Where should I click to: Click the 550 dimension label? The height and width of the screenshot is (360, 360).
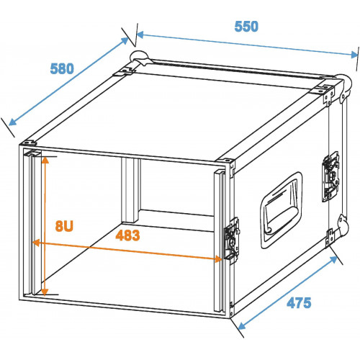pyautogui.click(x=246, y=27)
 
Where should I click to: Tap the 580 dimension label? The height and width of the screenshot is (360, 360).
pyautogui.click(x=62, y=68)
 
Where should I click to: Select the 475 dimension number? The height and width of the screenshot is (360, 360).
pyautogui.click(x=299, y=302)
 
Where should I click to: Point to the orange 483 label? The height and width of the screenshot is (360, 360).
pyautogui.click(x=127, y=235)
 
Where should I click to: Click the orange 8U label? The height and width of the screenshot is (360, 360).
pyautogui.click(x=64, y=226)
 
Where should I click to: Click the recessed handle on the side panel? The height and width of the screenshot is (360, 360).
pyautogui.click(x=281, y=210)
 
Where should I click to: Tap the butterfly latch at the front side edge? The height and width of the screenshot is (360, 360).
pyautogui.click(x=232, y=240)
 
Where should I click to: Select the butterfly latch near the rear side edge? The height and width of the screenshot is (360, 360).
pyautogui.click(x=330, y=176)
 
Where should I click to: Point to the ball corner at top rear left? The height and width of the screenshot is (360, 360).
pyautogui.click(x=139, y=58)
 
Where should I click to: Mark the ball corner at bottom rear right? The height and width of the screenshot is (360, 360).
pyautogui.click(x=343, y=225)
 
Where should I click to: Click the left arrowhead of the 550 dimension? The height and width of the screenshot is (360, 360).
pyautogui.click(x=140, y=35)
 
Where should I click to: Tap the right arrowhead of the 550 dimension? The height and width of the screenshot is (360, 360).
pyautogui.click(x=354, y=55)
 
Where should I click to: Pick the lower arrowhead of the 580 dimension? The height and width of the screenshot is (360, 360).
pyautogui.click(x=12, y=122)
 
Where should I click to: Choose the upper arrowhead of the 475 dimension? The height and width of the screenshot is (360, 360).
pyautogui.click(x=333, y=259)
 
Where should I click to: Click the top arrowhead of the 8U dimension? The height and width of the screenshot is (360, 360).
pyautogui.click(x=45, y=160)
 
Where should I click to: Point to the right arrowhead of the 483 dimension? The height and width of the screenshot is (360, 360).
pyautogui.click(x=218, y=259)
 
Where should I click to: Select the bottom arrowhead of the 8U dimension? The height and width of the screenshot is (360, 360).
pyautogui.click(x=45, y=292)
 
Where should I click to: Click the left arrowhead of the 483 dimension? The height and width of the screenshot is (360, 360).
pyautogui.click(x=36, y=243)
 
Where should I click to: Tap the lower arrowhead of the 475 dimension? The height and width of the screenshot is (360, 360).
pyautogui.click(x=241, y=326)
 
